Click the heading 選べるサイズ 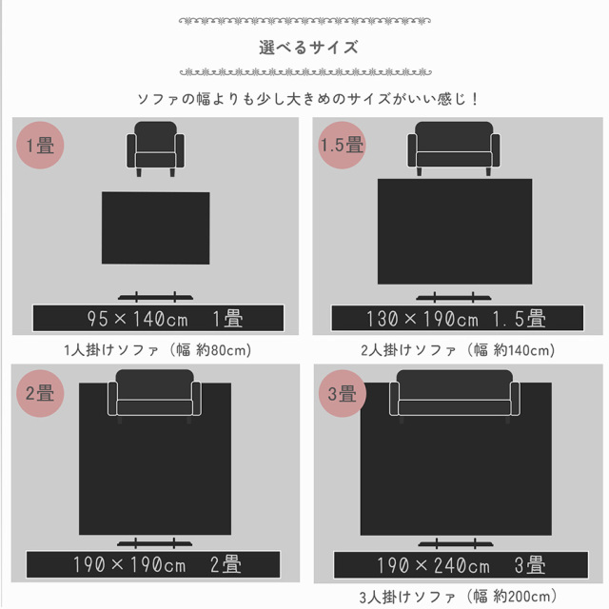coord(308,48)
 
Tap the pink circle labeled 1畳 coord(40,145)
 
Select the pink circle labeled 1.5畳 coord(342,145)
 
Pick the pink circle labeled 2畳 coord(40,393)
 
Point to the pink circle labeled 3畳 coord(343,393)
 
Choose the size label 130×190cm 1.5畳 coord(457,318)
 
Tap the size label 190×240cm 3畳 coord(461,565)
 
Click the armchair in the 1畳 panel coord(156,148)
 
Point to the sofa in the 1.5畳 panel coord(454,148)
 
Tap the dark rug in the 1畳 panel coord(156,228)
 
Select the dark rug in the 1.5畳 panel coord(455,231)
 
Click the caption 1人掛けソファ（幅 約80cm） coord(158,350)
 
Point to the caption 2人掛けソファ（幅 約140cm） coord(458,350)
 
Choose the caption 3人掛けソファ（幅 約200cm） coord(458,597)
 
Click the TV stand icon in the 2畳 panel coord(154,543)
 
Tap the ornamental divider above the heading coord(304,21)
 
